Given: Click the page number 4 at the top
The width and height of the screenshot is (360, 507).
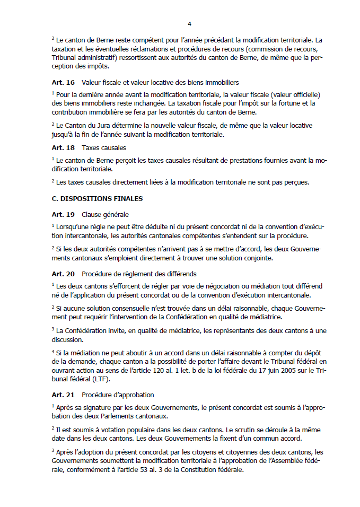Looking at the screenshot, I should pyautogui.click(x=189, y=24).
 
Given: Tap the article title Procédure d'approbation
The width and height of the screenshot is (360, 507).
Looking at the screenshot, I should pyautogui.click(x=118, y=395).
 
